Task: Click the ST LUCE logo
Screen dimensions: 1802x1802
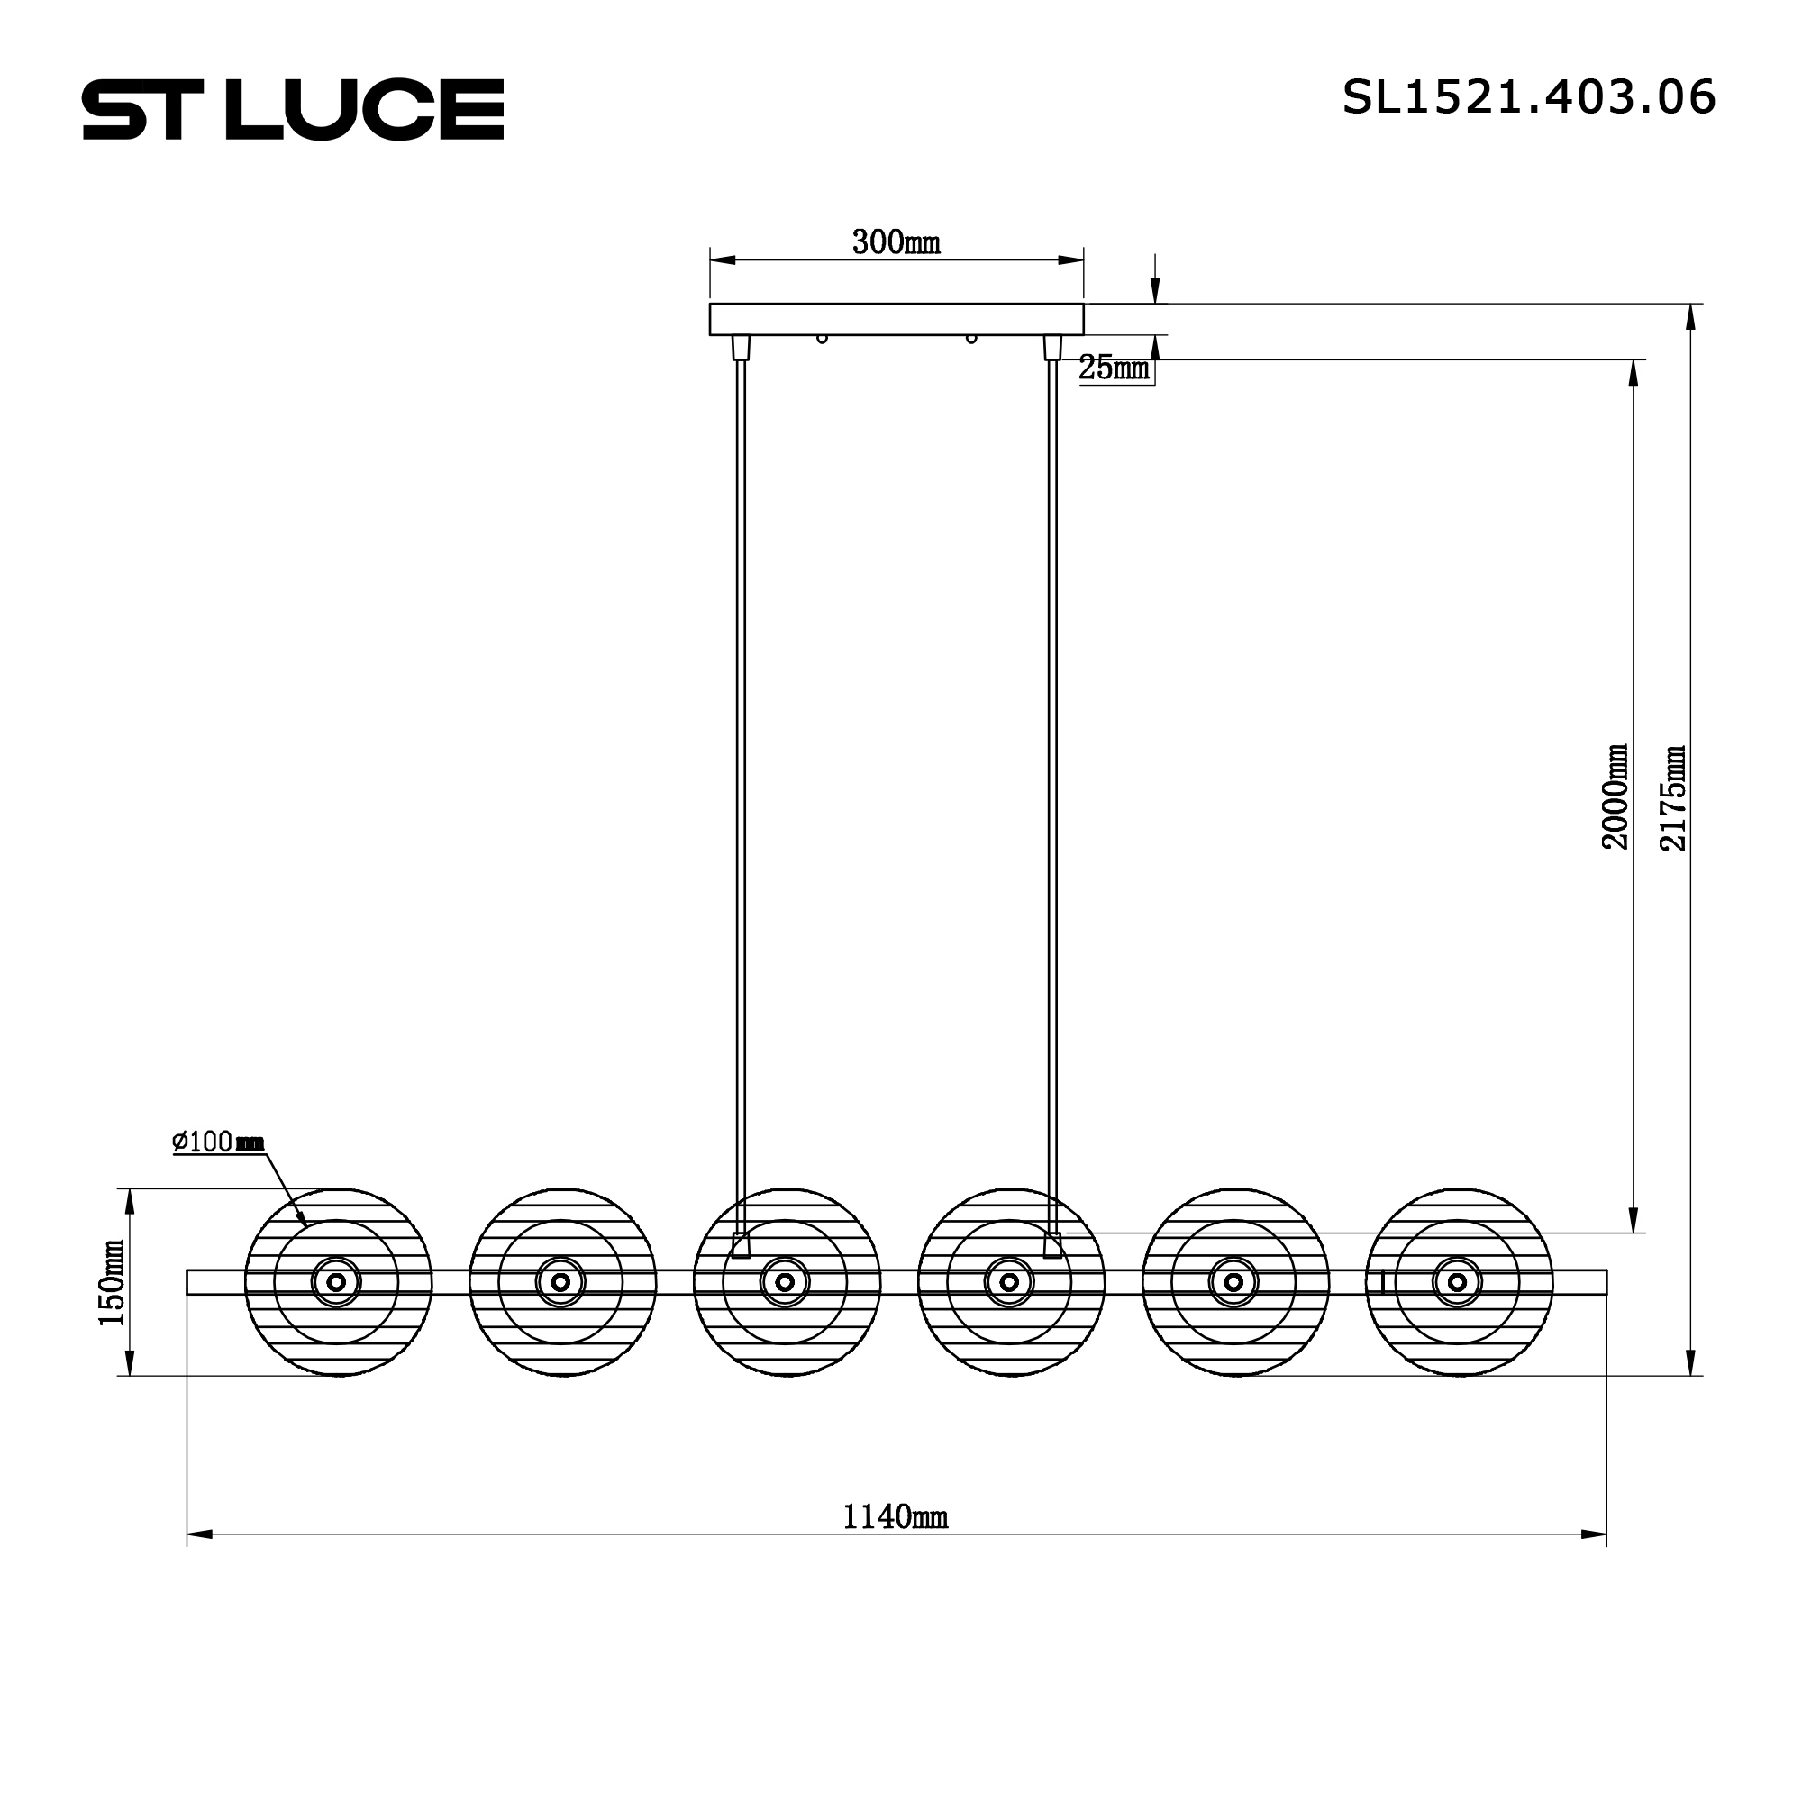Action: [x=293, y=109]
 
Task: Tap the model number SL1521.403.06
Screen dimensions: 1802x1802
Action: [x=1529, y=97]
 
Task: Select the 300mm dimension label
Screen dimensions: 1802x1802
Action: [x=896, y=242]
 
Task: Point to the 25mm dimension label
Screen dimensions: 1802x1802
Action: [x=1115, y=368]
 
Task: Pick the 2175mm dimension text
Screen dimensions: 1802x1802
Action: [x=1674, y=797]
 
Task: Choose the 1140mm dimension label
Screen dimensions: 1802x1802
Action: [x=896, y=1516]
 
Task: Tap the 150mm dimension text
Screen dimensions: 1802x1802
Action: [x=111, y=1282]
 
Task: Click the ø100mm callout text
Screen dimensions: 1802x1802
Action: [x=219, y=1142]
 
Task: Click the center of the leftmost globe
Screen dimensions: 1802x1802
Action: [x=337, y=1281]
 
